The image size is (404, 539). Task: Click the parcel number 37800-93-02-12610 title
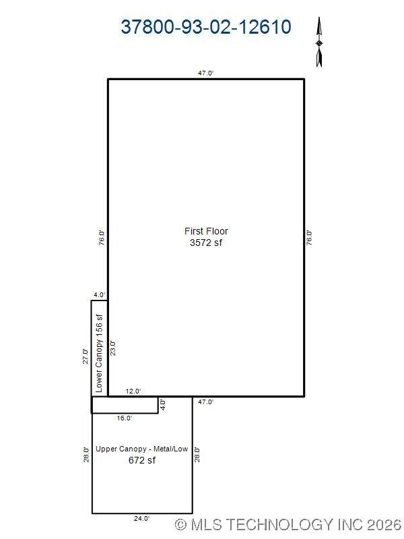coord(206,27)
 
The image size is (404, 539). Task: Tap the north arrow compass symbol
coord(319,42)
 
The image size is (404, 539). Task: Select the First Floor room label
coord(206,231)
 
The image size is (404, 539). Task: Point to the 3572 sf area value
coord(206,243)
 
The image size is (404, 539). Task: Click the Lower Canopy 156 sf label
coord(99,353)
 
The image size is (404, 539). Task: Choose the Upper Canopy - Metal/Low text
coord(141,449)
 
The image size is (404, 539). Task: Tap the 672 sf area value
coord(142,460)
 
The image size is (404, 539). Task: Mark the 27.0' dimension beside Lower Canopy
coord(86,356)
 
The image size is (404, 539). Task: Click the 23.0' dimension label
coord(112,348)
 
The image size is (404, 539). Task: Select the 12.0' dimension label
coord(133,391)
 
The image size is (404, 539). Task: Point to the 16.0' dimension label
coord(125,418)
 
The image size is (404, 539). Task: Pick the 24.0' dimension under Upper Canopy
coord(141,518)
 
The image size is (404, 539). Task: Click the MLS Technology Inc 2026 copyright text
coord(288,525)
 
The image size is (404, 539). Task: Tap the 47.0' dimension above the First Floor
coord(206,73)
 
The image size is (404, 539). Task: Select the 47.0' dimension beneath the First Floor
coord(206,402)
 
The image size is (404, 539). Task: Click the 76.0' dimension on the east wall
coord(309,238)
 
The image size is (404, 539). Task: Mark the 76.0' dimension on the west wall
coord(102,238)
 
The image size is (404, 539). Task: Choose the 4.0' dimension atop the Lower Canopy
coord(100,295)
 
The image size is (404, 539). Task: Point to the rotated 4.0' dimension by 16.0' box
coord(163,405)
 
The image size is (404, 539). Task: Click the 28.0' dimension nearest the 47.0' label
coord(197,454)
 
